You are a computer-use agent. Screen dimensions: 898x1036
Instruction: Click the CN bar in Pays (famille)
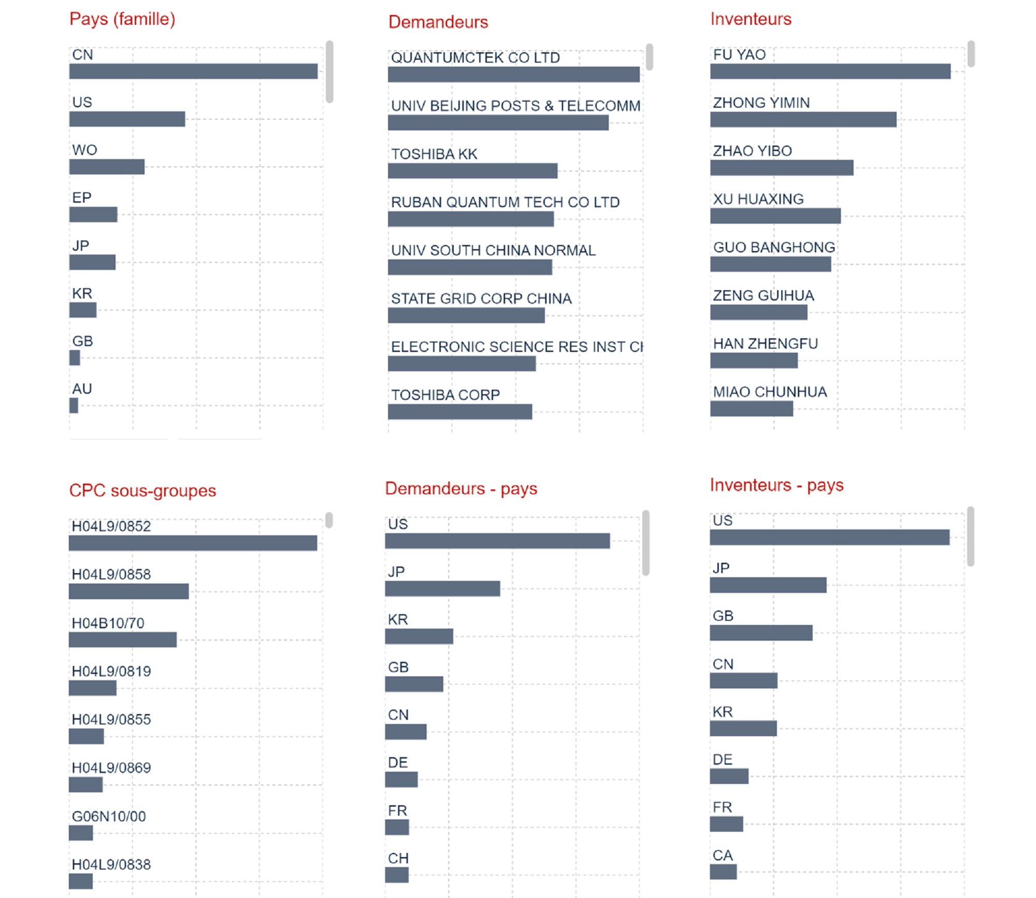193,72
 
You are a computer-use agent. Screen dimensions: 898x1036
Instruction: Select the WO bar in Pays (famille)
107,167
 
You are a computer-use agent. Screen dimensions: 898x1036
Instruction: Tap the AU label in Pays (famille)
82,389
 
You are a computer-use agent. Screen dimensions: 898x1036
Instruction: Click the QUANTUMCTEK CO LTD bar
513,75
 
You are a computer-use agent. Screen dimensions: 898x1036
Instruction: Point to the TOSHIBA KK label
434,154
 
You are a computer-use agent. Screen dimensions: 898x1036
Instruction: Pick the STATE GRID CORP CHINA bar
466,315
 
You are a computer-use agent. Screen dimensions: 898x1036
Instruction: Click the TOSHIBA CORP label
445,395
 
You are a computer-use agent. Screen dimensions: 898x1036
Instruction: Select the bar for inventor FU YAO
830,72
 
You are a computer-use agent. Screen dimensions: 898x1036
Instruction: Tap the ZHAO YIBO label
752,151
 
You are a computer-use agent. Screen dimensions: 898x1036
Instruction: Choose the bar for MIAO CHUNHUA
751,409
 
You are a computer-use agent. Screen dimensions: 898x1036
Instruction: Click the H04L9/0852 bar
193,543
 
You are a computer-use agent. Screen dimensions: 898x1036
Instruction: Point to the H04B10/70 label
108,623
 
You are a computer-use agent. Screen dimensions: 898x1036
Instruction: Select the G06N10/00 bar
81,833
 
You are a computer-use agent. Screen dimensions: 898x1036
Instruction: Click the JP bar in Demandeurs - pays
442,589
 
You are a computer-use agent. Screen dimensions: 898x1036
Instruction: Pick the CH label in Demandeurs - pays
398,858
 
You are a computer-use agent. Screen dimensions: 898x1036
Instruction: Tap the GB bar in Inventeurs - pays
761,633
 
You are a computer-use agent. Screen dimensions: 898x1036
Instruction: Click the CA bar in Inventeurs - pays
723,872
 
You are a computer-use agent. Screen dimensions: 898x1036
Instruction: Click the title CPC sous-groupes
142,490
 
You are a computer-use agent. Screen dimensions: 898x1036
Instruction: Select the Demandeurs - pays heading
461,488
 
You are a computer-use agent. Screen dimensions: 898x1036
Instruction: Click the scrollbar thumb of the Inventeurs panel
971,54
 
